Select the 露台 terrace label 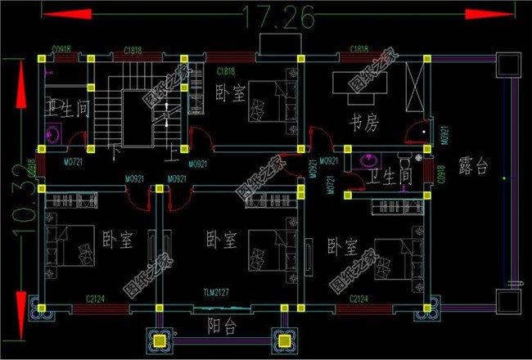tap(473, 168)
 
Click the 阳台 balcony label tap(220, 326)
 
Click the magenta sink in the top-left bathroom tap(53, 134)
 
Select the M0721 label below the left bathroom tap(74, 163)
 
